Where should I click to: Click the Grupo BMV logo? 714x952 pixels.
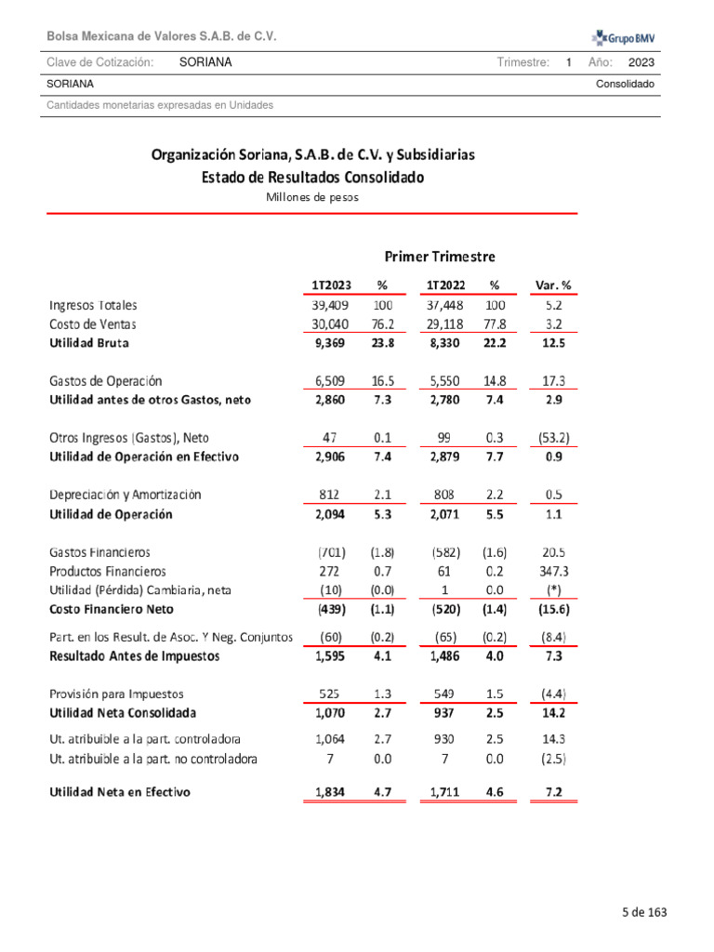pyautogui.click(x=624, y=37)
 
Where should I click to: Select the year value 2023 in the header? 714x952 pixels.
pyautogui.click(x=641, y=62)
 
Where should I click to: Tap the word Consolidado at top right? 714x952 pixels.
pyautogui.click(x=626, y=84)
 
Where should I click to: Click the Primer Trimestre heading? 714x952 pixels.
pyautogui.click(x=440, y=256)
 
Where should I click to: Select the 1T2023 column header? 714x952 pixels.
pyautogui.click(x=332, y=284)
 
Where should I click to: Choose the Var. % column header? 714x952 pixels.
pyautogui.click(x=553, y=284)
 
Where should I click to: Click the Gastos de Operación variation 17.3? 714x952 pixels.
pyautogui.click(x=553, y=381)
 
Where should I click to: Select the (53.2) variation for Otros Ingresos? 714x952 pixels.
pyautogui.click(x=553, y=438)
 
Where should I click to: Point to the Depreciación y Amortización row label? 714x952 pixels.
pyautogui.click(x=125, y=495)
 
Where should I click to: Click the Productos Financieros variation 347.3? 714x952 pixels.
pyautogui.click(x=553, y=571)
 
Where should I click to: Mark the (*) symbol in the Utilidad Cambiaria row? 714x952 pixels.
pyautogui.click(x=553, y=590)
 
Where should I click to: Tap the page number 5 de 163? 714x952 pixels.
pyautogui.click(x=644, y=912)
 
